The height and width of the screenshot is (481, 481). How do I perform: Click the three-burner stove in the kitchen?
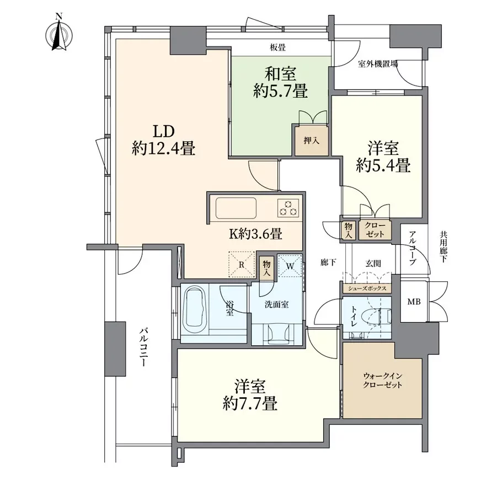(x=288, y=208)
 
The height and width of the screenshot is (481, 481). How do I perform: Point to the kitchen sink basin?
(x=236, y=208)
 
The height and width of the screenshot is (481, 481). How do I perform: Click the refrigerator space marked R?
(x=242, y=264)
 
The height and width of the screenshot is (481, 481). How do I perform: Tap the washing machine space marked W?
(x=290, y=266)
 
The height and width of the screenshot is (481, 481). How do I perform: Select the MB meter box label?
(x=414, y=302)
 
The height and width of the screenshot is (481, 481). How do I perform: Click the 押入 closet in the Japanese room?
(x=311, y=140)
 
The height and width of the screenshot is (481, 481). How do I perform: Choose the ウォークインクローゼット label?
(x=382, y=381)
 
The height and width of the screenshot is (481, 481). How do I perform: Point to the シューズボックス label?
(x=367, y=288)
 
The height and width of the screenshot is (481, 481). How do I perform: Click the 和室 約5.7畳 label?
(x=280, y=83)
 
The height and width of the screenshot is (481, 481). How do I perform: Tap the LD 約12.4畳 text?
(x=163, y=141)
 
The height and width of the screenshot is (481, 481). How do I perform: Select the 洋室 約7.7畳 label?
(x=250, y=395)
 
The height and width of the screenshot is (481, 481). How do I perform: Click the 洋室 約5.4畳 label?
(x=383, y=157)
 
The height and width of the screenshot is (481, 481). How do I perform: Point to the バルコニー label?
(x=143, y=347)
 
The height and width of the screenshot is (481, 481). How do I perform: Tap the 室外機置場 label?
(x=378, y=64)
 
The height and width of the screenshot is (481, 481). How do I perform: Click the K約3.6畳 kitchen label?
(x=256, y=234)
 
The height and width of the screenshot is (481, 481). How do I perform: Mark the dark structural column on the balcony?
(x=115, y=349)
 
